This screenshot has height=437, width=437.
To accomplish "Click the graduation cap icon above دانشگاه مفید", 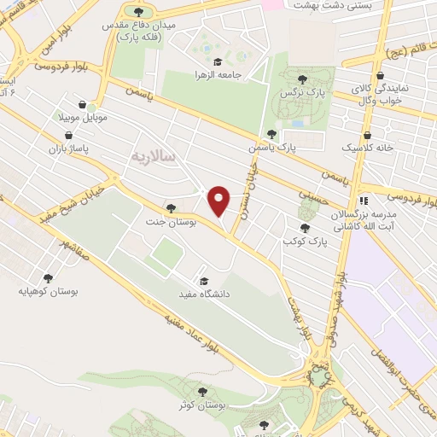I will (x=203, y=281).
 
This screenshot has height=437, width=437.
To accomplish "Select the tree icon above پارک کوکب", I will (x=306, y=228).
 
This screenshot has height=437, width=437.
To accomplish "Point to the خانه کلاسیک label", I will (x=367, y=148).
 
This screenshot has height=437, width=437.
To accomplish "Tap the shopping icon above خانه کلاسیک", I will (x=367, y=133).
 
